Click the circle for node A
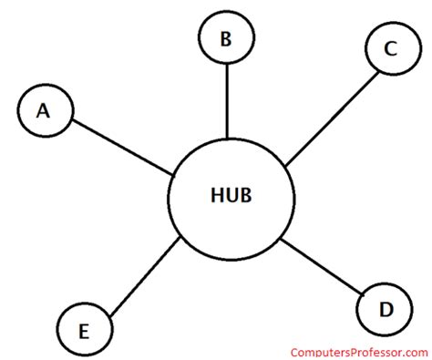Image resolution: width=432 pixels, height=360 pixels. point(44,110)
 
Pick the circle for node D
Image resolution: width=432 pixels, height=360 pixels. point(385,310)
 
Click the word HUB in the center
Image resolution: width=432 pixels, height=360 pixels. point(231,196)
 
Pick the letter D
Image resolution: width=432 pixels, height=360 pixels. point(386,310)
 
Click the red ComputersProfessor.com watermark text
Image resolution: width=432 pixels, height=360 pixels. point(360,352)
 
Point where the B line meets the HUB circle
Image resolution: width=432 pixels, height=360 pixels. point(227,138)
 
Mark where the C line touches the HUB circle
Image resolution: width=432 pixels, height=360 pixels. point(286,166)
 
